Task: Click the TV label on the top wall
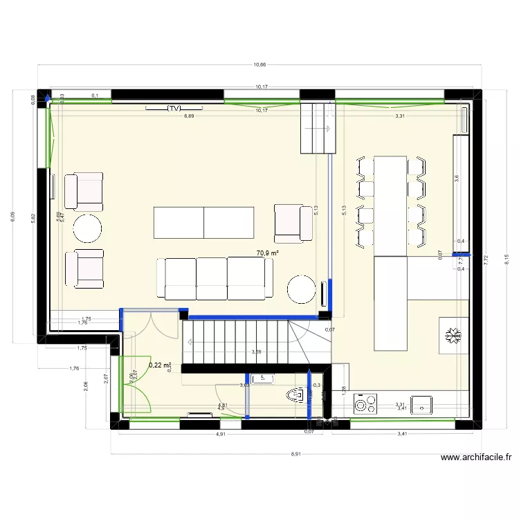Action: [174, 109]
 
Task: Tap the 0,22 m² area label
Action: [160, 365]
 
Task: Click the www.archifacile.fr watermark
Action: [477, 457]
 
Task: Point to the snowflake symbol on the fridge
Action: [454, 336]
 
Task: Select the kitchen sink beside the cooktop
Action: [421, 403]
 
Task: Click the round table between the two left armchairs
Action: [88, 227]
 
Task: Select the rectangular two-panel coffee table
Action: [204, 221]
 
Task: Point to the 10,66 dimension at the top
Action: [259, 65]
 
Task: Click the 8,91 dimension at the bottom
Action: [295, 454]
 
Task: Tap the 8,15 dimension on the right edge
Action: [506, 260]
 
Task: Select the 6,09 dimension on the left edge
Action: [12, 217]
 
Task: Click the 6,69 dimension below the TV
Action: [188, 116]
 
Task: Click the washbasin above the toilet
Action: [263, 379]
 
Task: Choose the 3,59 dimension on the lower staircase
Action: [257, 352]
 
